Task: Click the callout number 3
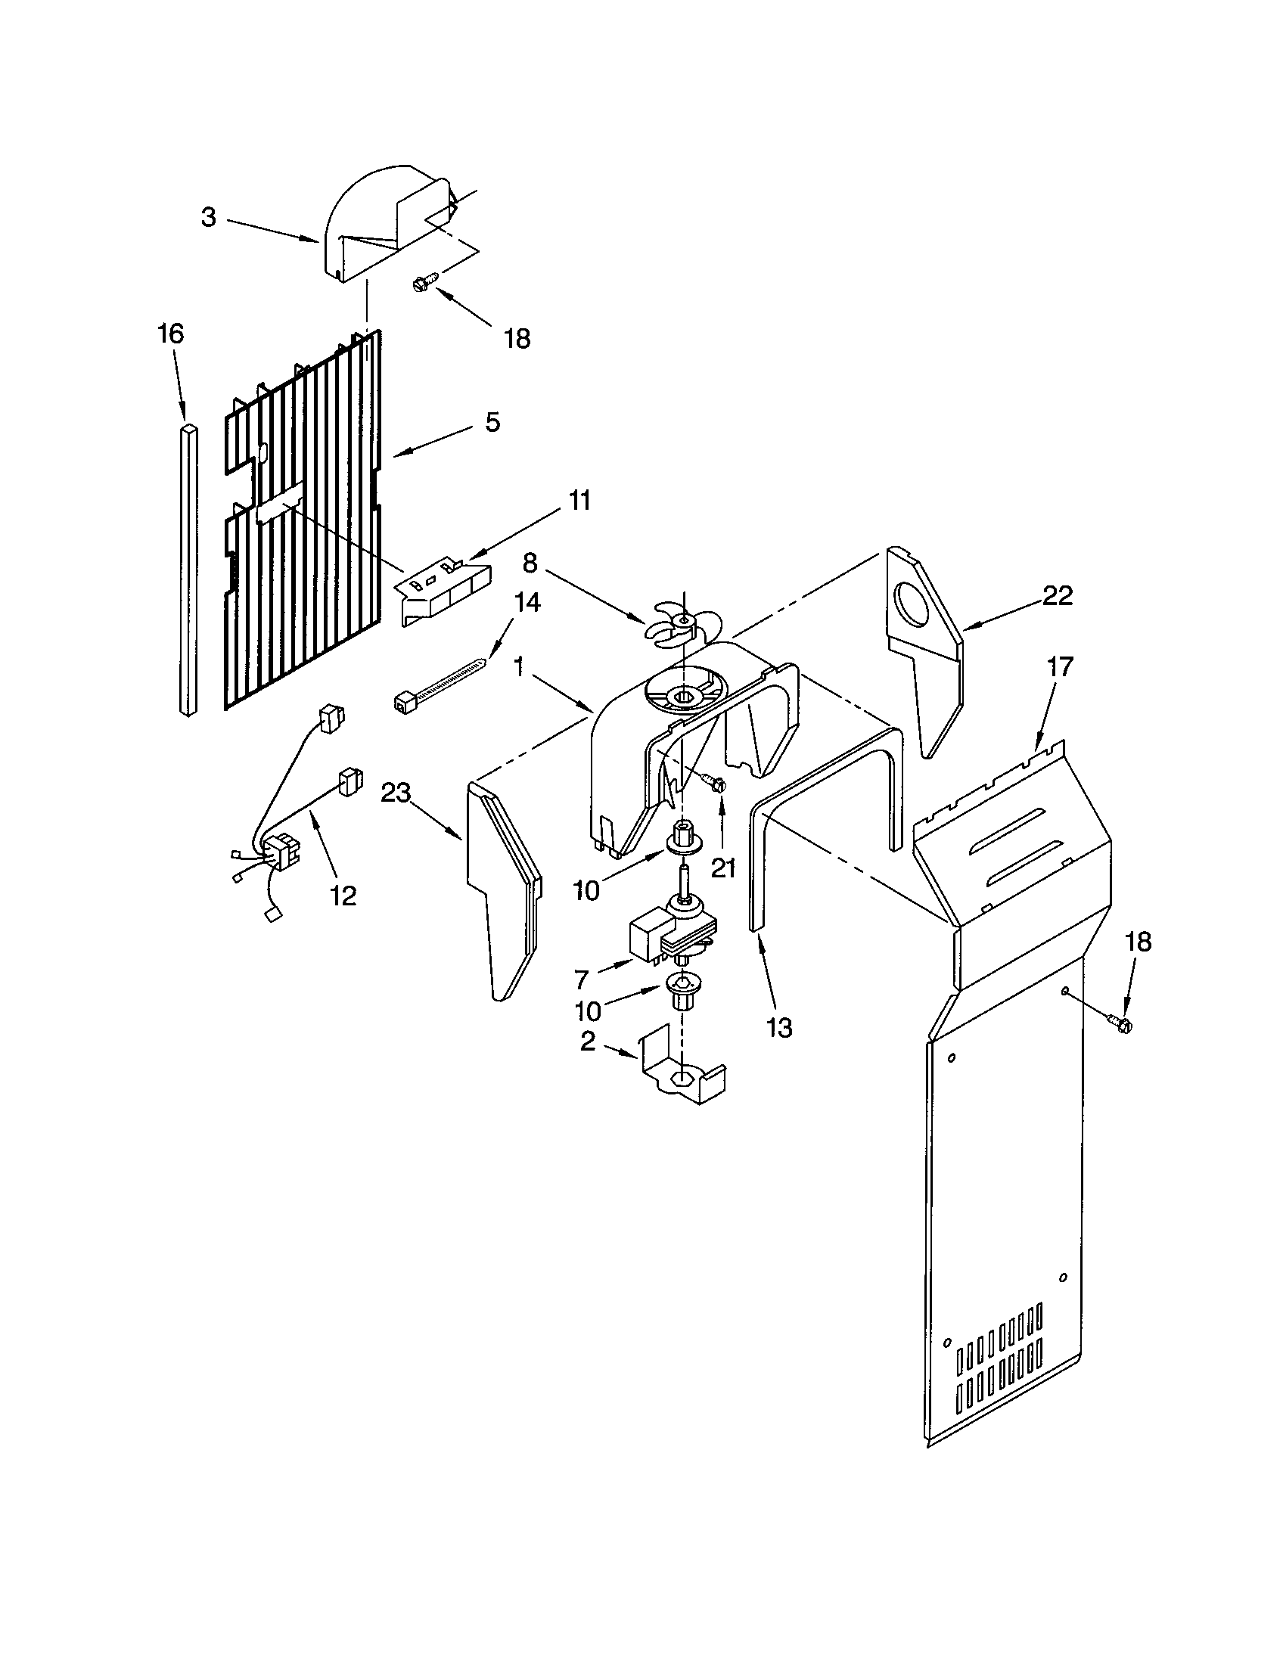[x=209, y=217]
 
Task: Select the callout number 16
[x=171, y=334]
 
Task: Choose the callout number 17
[x=1059, y=666]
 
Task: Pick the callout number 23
[x=396, y=794]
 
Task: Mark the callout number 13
[x=779, y=1028]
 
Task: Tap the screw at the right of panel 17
[x=1119, y=1023]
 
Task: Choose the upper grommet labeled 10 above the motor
[x=682, y=836]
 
